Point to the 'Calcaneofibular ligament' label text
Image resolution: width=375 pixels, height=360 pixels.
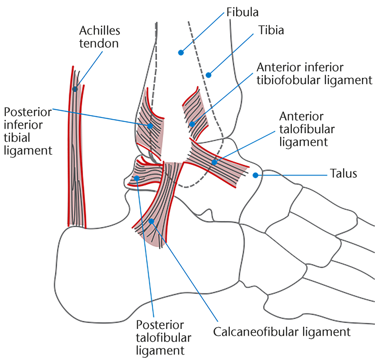click(281, 333)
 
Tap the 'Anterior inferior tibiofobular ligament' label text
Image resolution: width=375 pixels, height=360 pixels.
click(314, 74)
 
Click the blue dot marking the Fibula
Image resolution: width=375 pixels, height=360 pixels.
click(181, 53)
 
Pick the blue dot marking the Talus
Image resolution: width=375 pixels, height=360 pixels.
click(255, 175)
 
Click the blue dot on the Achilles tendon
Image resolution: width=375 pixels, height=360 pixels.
click(75, 89)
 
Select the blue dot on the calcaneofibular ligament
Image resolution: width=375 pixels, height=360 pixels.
click(152, 221)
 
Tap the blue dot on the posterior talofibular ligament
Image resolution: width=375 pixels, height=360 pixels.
click(137, 179)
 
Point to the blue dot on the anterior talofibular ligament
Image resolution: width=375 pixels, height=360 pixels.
click(214, 162)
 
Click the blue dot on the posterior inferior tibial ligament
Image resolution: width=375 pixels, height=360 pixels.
click(150, 126)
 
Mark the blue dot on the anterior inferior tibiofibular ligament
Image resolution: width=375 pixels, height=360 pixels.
click(192, 124)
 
